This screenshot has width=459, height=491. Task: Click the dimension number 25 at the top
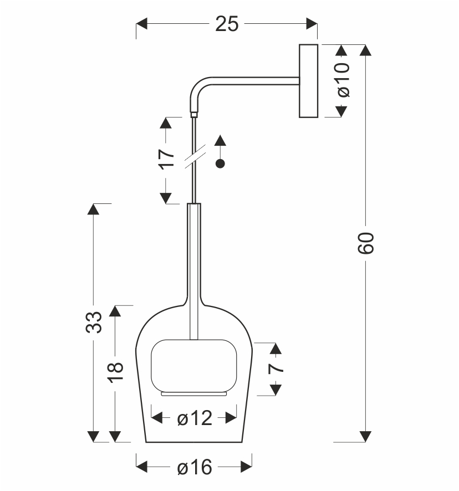227,24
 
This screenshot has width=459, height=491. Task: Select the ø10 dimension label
343,80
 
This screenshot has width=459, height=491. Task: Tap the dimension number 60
366,243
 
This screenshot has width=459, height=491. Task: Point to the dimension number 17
166,159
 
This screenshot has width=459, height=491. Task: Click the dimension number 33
94,322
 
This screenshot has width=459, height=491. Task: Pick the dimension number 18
116,372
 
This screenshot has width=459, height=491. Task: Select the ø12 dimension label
194,418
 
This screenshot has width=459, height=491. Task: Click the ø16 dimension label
194,467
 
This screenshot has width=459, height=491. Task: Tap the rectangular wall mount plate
309,81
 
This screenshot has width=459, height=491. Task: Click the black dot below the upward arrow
220,163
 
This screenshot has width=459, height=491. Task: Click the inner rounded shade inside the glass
194,365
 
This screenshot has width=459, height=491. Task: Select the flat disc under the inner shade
194,393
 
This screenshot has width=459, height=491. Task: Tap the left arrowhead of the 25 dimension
141,24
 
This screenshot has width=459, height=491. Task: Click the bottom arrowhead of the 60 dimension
365,437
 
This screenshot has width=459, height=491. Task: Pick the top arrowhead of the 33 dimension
93,209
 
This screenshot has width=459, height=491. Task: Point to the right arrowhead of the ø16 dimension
246,467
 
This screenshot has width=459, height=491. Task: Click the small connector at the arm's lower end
194,115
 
